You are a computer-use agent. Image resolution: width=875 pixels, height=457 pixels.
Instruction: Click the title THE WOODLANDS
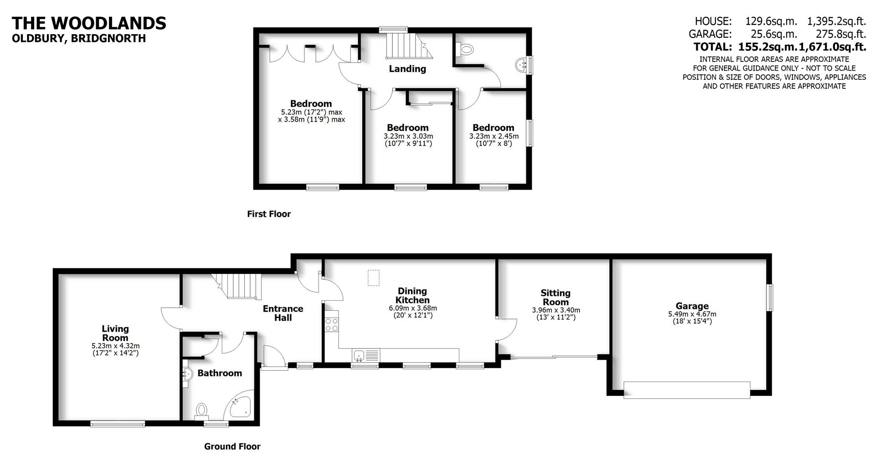pyautogui.click(x=89, y=23)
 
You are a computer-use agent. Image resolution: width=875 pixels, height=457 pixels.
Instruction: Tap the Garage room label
pyautogui.click(x=692, y=306)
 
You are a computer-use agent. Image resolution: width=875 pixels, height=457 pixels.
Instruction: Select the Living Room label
pyautogui.click(x=115, y=333)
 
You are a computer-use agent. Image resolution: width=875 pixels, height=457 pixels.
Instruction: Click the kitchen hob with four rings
pyautogui.click(x=331, y=324)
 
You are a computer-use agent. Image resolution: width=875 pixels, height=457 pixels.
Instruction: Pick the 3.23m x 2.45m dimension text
pyautogui.click(x=494, y=136)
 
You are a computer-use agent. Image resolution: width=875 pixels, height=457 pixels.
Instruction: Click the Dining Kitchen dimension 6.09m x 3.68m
pyautogui.click(x=412, y=308)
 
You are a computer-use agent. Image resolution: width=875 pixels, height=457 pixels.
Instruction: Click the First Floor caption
pyautogui.click(x=268, y=214)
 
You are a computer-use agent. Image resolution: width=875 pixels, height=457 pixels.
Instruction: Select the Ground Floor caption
pyautogui.click(x=232, y=447)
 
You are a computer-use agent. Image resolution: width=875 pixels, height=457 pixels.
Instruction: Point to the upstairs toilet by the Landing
pyautogui.click(x=466, y=49)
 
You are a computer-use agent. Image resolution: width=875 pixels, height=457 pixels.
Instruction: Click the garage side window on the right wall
pyautogui.click(x=769, y=298)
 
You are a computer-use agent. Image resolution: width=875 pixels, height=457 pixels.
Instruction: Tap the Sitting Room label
pyautogui.click(x=555, y=298)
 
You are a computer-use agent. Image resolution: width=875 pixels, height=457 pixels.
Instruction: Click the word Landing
pyautogui.click(x=407, y=69)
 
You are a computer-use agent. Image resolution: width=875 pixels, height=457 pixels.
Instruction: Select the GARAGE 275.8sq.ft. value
pyautogui.click(x=842, y=34)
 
